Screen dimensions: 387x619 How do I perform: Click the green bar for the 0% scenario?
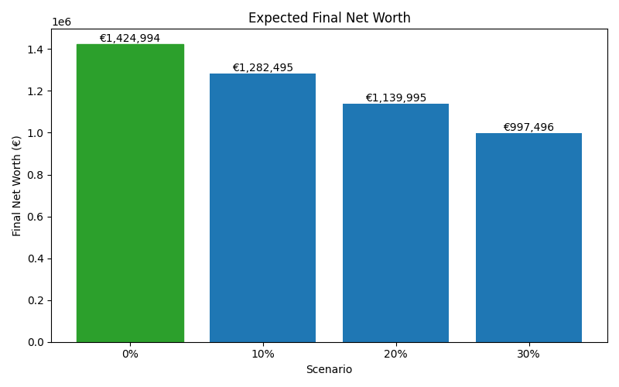[x=130, y=193]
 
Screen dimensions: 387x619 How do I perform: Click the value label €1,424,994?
[x=130, y=38]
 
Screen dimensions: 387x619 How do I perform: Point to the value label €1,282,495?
[x=262, y=67]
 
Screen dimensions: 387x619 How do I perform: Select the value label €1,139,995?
[x=395, y=98]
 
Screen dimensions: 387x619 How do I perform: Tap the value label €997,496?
[x=528, y=127]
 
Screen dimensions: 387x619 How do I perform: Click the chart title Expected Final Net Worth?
[x=329, y=18]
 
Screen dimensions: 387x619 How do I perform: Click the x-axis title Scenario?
[x=329, y=370]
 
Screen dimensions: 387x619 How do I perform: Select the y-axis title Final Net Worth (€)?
[x=17, y=186]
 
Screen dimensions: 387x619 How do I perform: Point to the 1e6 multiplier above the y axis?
[x=62, y=22]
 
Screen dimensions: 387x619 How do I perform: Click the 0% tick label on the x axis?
[x=130, y=354]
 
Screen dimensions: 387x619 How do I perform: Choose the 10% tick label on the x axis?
[x=262, y=354]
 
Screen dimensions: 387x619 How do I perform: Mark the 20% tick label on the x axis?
[x=395, y=354]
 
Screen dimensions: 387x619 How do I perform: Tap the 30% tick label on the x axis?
[x=528, y=354]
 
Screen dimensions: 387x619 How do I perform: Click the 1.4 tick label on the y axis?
[x=36, y=50]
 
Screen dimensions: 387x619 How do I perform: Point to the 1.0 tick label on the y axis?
[x=36, y=133]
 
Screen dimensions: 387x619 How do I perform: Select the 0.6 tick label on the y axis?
[x=36, y=217]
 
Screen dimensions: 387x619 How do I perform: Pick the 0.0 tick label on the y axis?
[x=36, y=342]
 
